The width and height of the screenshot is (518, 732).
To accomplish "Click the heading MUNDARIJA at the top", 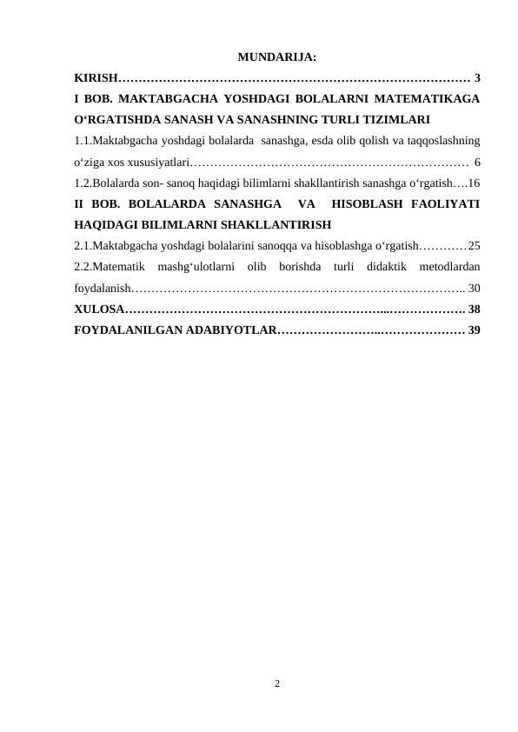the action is (x=276, y=58).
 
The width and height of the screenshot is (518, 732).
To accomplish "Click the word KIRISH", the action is (x=95, y=80).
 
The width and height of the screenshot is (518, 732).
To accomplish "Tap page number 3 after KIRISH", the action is (x=479, y=80).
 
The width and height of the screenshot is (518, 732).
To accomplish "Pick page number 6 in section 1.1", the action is (x=479, y=162).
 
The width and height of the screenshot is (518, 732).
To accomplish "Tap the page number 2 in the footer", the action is (x=276, y=683).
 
